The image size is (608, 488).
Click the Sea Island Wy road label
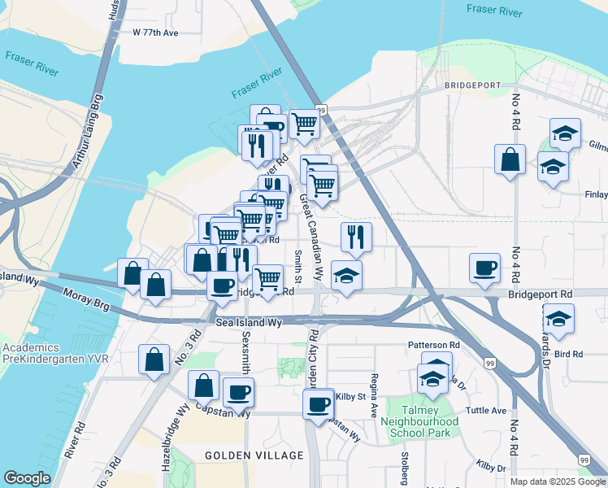pos(249,323)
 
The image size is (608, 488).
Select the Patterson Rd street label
pos(433,345)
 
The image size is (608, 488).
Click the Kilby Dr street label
pos(491,468)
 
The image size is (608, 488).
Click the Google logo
pos(27,478)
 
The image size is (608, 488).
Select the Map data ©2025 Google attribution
pos(557,481)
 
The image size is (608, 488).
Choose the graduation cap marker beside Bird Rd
pos(558,318)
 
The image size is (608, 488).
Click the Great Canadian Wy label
pos(313,236)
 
